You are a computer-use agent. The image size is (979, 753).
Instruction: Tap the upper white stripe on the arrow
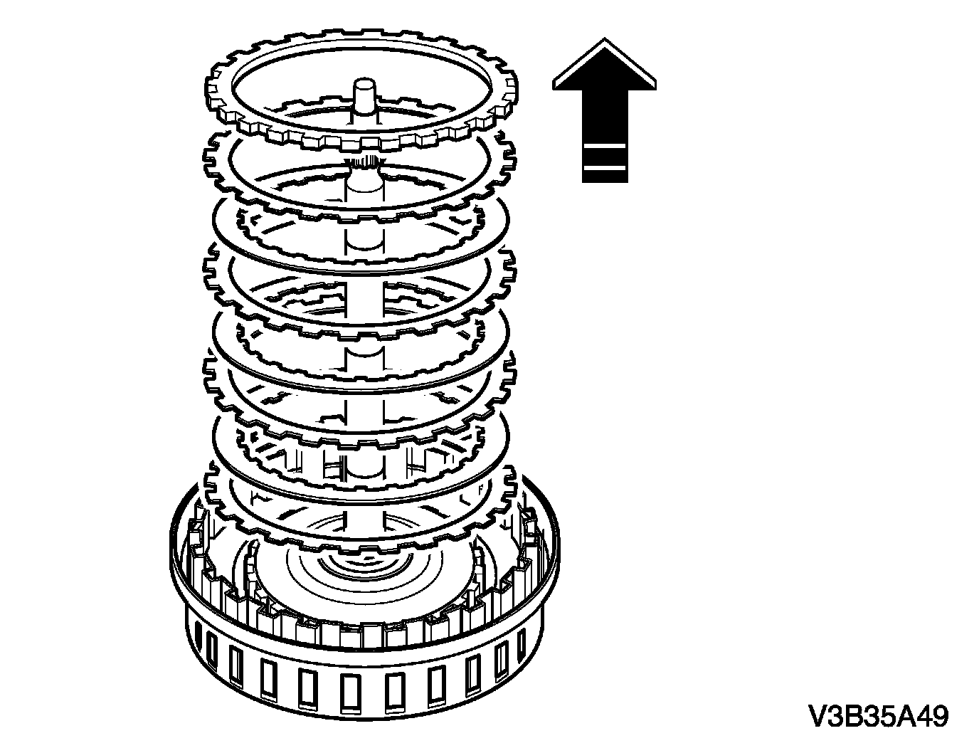[604, 145]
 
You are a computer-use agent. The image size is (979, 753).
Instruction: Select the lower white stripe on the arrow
[604, 168]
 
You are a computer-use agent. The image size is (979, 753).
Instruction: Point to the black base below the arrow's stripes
[604, 177]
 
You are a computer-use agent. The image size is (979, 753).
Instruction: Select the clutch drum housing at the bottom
[363, 683]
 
